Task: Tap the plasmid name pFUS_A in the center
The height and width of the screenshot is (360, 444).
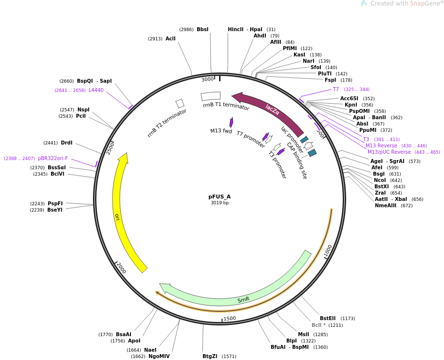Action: pyautogui.click(x=220, y=197)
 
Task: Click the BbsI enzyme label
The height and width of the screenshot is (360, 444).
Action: pyautogui.click(x=203, y=30)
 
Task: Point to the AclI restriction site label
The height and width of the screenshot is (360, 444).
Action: pyautogui.click(x=170, y=38)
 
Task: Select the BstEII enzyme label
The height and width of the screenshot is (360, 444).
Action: pyautogui.click(x=328, y=318)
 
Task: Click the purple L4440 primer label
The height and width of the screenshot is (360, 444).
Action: pyautogui.click(x=96, y=90)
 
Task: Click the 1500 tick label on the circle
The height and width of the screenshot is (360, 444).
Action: pyautogui.click(x=230, y=319)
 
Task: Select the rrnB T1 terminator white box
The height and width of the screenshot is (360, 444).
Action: pyautogui.click(x=210, y=96)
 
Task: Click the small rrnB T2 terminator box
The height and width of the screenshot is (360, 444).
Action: pyautogui.click(x=180, y=103)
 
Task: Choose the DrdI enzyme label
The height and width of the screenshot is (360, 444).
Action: pyautogui.click(x=67, y=143)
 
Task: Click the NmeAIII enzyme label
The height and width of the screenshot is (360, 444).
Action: pyautogui.click(x=387, y=205)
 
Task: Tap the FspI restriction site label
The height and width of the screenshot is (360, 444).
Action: pyautogui.click(x=330, y=80)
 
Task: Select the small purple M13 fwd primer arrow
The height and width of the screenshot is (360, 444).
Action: pyautogui.click(x=231, y=122)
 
